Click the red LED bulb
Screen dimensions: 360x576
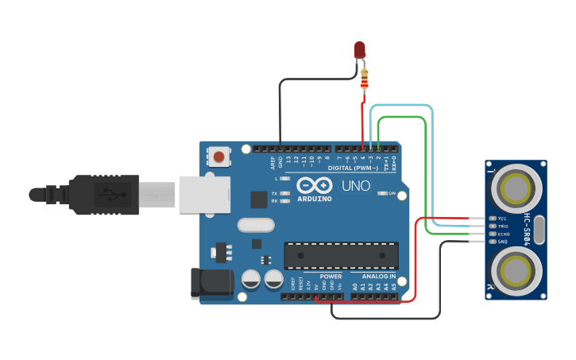(x=360, y=50)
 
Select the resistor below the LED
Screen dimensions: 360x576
(x=365, y=78)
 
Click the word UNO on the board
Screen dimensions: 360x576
(x=355, y=186)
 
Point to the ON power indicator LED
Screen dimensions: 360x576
(x=383, y=193)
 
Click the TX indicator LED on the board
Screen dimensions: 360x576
(x=284, y=193)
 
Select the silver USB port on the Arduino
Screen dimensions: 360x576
(x=204, y=194)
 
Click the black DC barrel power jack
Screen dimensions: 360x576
(x=211, y=284)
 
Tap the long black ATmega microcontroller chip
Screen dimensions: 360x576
(x=342, y=255)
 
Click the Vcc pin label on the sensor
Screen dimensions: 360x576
(x=502, y=218)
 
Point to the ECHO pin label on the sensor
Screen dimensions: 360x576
(x=503, y=234)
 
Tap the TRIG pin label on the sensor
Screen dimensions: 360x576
(x=503, y=226)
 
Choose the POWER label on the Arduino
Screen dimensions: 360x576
(x=331, y=277)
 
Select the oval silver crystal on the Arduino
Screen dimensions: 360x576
(x=256, y=225)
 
